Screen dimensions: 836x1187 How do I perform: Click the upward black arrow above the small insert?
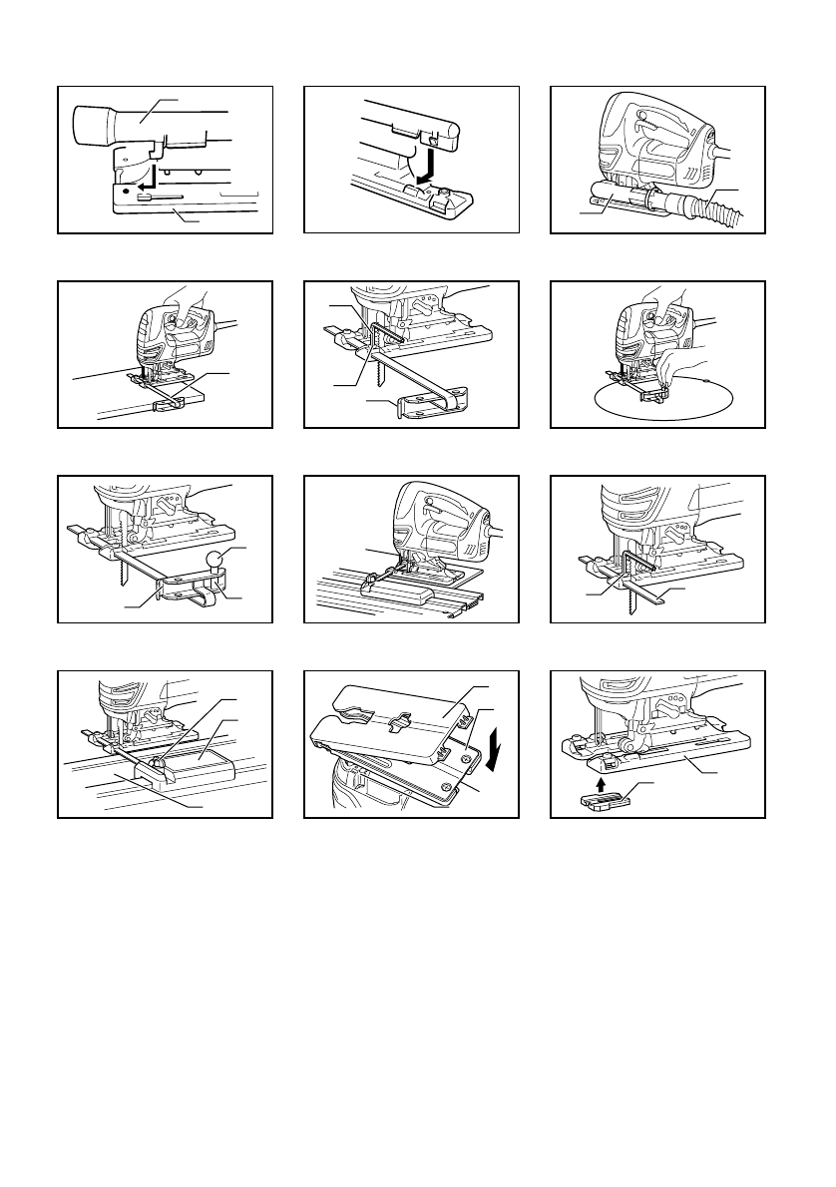click(x=600, y=785)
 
